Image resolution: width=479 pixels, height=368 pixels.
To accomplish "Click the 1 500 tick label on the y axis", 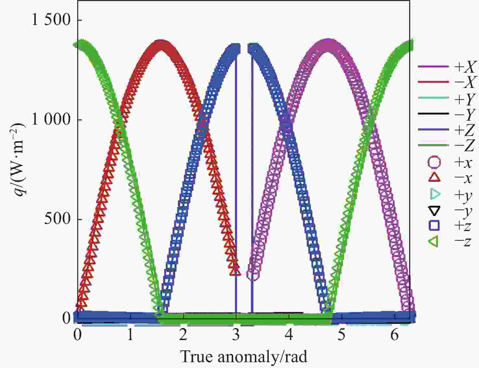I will coord(51,20).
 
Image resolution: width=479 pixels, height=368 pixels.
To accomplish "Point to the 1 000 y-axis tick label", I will coord(51,120).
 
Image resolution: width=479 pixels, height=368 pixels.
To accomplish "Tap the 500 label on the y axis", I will coord(57,219).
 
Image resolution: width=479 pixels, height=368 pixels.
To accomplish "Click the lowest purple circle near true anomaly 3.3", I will coord(253,275).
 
